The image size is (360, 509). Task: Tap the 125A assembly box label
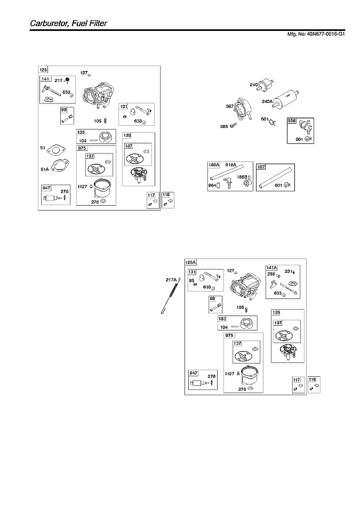click(190, 262)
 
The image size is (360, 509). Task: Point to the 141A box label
click(271, 268)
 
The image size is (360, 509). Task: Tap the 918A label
click(230, 166)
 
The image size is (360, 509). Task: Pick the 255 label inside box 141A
click(271, 274)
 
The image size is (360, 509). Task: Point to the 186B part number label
click(242, 176)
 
